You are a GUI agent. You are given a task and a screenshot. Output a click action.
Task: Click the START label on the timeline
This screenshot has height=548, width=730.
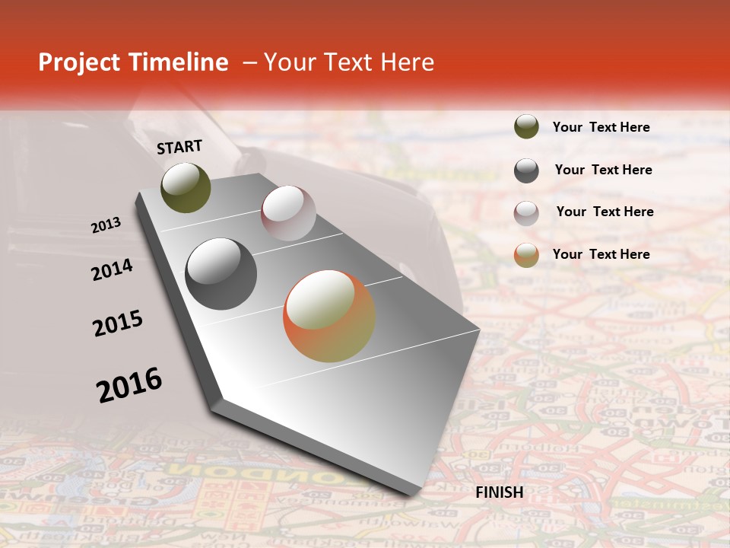pos(179,146)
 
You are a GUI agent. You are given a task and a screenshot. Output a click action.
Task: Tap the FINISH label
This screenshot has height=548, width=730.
pos(500,492)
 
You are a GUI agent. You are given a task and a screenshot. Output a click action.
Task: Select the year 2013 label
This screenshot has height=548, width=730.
pos(106,225)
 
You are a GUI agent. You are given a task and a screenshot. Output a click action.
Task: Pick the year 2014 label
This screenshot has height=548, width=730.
pos(112,269)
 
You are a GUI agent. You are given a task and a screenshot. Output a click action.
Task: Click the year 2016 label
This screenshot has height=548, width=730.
pos(129,384)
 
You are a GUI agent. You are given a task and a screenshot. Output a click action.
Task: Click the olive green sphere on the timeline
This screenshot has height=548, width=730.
pos(186,188)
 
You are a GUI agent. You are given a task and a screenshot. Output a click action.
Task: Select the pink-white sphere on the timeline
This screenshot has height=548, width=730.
pos(288,213)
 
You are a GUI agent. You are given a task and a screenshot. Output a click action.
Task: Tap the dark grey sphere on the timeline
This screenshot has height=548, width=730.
pos(221,274)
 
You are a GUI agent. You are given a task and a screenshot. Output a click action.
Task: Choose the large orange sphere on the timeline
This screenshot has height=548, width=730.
pos(329,316)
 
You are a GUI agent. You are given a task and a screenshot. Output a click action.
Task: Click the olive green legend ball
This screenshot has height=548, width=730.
pos(526,126)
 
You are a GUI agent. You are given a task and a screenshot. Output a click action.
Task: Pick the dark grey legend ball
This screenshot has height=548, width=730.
pos(526,170)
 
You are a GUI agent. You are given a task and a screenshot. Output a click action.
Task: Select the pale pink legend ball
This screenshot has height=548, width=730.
pos(526,213)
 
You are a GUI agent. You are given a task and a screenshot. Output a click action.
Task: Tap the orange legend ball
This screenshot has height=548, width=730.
pos(526,255)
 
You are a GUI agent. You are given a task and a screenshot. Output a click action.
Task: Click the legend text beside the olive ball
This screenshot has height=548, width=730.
pos(601,127)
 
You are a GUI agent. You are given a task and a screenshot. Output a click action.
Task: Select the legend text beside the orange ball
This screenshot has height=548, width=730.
pos(601,254)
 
